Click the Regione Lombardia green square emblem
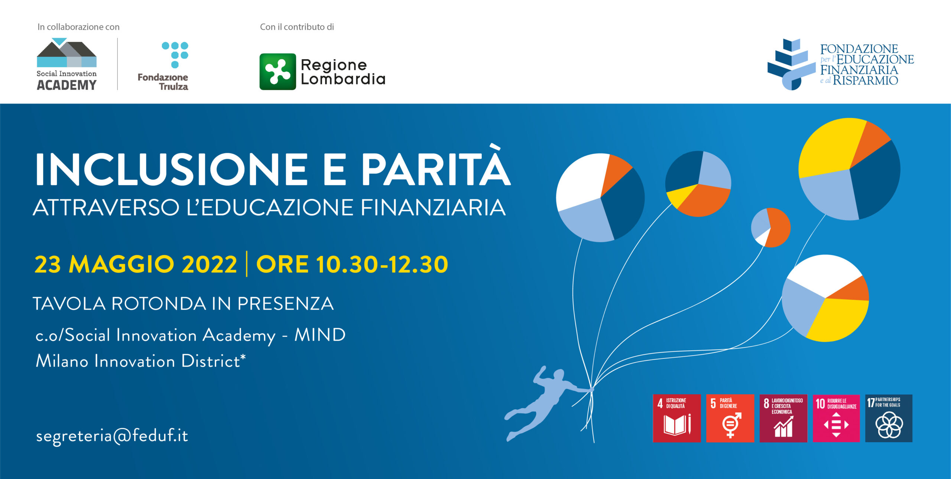point(277,72)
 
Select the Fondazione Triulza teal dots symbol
point(175,55)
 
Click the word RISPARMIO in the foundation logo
point(865,80)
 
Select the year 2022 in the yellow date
point(209,264)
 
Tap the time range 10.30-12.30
point(382,264)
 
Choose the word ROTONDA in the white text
point(159,303)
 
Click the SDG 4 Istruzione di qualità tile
point(677,418)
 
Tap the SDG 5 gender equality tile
point(730,418)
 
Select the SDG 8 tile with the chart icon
point(783,418)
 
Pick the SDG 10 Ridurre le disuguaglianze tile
point(836,418)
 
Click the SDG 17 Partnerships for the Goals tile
point(889,418)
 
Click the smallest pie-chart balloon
point(771,228)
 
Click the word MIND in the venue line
point(320,335)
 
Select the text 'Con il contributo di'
point(297,27)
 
